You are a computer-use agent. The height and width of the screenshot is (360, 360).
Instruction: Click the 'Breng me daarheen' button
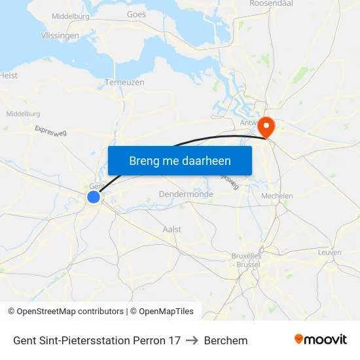coord(179,160)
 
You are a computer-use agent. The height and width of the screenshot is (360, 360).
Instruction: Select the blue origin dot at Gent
coord(94,197)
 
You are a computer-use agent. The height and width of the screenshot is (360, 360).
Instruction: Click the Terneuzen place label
coord(124,83)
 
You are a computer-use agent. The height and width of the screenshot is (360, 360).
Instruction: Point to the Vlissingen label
coord(60,36)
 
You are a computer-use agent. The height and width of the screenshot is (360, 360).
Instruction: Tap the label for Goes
coord(136,13)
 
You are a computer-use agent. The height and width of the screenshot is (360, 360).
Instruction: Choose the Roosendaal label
coord(270,3)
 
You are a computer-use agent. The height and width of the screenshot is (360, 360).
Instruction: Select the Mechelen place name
coord(277,196)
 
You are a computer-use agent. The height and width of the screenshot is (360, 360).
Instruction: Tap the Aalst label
coord(172,230)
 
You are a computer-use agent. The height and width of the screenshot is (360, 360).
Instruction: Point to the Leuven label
coord(329,252)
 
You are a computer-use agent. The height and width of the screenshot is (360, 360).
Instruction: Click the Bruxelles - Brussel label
coord(246,260)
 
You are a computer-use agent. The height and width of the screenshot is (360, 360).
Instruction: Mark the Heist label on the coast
coord(9,75)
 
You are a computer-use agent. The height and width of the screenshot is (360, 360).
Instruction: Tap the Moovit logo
coord(320,340)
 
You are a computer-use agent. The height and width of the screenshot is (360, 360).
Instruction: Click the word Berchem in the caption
coord(226,340)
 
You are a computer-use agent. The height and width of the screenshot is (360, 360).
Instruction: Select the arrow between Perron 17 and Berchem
coord(192,340)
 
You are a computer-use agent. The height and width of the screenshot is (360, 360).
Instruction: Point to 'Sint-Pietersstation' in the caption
coord(83,340)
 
